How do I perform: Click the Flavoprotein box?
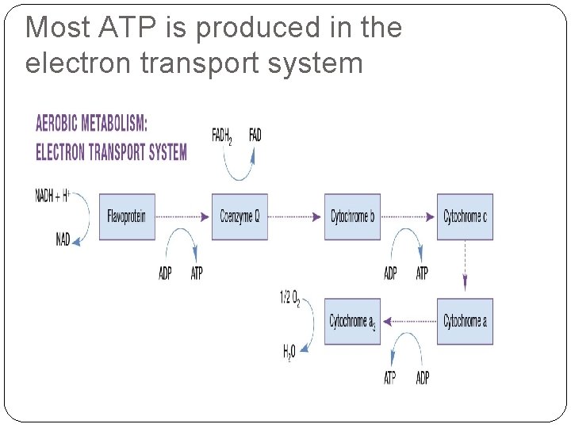click(x=128, y=216)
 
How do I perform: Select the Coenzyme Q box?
click(x=240, y=216)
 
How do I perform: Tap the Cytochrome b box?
click(x=352, y=216)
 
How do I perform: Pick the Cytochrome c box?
click(x=465, y=216)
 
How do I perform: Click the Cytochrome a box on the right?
click(x=465, y=321)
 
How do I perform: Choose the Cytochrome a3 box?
click(x=352, y=321)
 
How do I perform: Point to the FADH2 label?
click(x=222, y=136)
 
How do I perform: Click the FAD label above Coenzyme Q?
click(x=255, y=135)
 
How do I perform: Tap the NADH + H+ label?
click(x=52, y=196)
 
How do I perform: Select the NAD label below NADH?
click(x=63, y=239)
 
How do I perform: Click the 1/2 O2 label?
click(x=289, y=299)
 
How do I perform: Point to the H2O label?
click(x=291, y=353)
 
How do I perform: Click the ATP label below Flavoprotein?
click(x=197, y=273)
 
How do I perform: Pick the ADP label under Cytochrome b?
click(x=390, y=273)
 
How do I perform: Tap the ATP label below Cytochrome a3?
click(x=389, y=378)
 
